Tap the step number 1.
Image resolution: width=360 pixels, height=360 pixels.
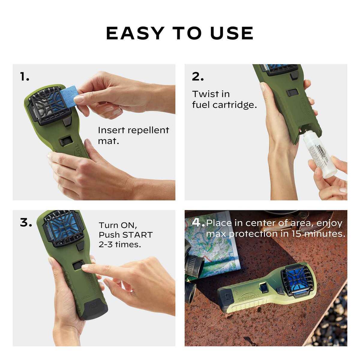click(25, 77)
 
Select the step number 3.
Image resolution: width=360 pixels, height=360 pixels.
click(26, 223)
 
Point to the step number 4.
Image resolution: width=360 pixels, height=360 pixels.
click(198, 223)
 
